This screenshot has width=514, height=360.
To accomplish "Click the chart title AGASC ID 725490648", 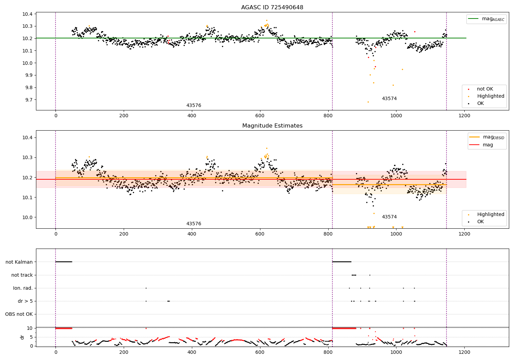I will point(272,8).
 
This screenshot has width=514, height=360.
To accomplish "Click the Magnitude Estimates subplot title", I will point(272,126).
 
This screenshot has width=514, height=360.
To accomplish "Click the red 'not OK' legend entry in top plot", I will point(485,89).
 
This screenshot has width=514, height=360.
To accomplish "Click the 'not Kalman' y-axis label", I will point(19,262).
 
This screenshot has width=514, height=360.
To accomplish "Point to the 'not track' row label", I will point(22,275).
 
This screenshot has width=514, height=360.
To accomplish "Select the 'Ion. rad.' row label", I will point(23,288).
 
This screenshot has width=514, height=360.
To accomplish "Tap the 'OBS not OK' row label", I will point(19,314).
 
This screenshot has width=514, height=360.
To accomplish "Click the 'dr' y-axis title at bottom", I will point(22,337).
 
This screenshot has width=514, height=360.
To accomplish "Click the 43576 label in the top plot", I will point(194,106).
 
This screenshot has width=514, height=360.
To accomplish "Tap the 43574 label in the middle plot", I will point(389,217).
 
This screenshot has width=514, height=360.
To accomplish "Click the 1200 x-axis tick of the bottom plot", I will point(464,352).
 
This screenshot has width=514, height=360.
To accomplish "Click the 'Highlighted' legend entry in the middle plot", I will point(490,215).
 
